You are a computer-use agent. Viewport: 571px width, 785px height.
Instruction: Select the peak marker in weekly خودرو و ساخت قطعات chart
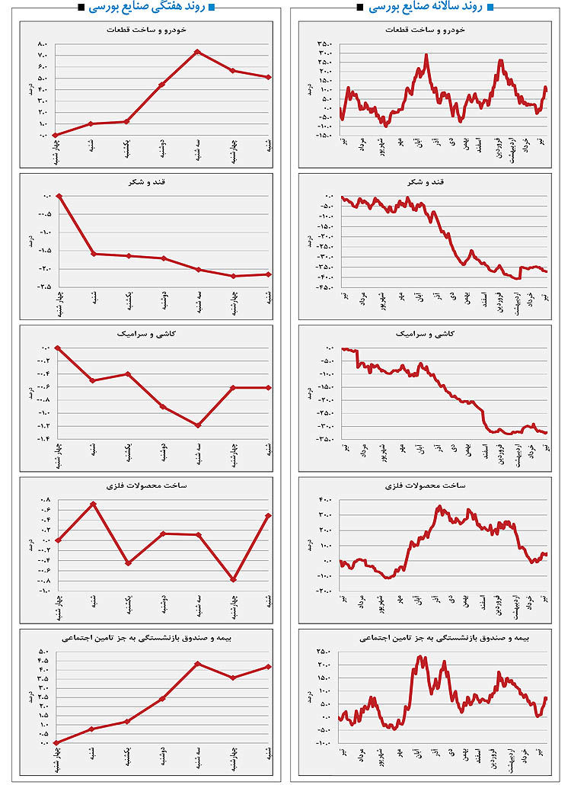197,52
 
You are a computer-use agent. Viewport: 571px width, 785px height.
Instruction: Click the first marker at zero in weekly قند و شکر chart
59,196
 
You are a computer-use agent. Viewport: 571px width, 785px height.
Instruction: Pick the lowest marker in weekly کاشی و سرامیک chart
197,425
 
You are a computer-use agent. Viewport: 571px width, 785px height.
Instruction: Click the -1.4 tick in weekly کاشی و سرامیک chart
43,439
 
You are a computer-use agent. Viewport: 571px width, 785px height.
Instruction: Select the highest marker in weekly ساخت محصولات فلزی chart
93,504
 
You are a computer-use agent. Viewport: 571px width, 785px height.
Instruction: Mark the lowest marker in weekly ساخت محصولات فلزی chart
234,579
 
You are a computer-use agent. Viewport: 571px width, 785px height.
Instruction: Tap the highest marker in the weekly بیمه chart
197,664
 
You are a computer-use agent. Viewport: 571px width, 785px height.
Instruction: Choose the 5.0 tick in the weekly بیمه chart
43,652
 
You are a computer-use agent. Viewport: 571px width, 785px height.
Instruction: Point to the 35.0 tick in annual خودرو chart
325,43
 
